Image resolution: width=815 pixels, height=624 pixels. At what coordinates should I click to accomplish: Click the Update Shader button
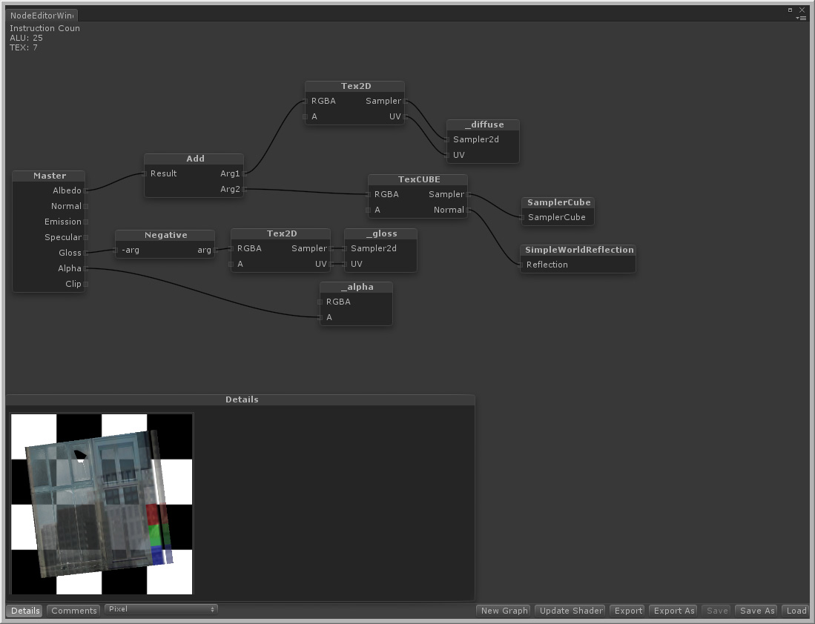click(571, 611)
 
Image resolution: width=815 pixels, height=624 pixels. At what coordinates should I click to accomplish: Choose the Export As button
click(673, 611)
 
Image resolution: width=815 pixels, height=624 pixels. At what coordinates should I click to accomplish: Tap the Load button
click(796, 611)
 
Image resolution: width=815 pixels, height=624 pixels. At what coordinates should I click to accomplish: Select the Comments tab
click(74, 611)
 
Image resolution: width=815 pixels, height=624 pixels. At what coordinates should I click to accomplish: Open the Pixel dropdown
click(161, 609)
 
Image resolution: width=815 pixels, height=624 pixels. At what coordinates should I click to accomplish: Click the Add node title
click(195, 159)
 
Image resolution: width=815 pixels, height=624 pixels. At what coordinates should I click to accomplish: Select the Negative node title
click(165, 235)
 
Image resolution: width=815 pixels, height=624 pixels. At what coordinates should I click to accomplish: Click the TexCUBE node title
click(419, 179)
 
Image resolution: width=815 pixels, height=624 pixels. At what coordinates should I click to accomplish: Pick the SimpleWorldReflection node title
click(579, 250)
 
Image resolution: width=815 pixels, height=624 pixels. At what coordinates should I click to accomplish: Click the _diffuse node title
click(484, 125)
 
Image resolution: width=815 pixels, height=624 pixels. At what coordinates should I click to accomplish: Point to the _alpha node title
click(357, 287)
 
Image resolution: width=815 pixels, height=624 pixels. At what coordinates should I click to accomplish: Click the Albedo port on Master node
click(86, 190)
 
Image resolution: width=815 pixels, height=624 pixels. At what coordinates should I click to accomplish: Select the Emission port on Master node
click(86, 222)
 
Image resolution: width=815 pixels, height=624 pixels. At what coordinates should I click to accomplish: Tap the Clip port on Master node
click(86, 284)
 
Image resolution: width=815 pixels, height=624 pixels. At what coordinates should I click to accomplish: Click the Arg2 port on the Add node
click(244, 189)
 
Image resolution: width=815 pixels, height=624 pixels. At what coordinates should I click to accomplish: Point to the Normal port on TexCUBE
click(468, 210)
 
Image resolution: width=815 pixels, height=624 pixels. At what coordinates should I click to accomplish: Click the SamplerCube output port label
click(556, 217)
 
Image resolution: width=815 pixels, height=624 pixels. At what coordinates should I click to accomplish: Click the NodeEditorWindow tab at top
click(42, 15)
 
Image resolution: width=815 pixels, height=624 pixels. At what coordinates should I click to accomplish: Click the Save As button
click(756, 611)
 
